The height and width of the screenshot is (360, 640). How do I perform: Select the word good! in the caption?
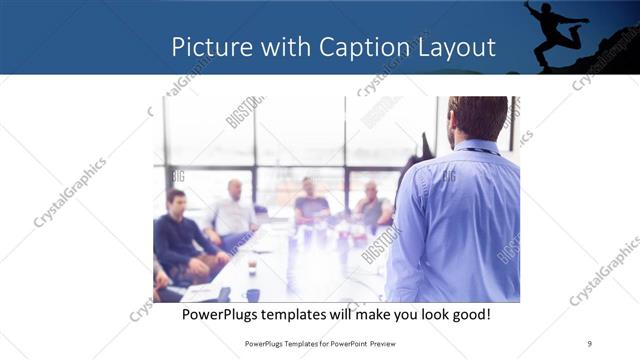click(x=469, y=315)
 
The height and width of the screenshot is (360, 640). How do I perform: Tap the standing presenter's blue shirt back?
click(x=463, y=220)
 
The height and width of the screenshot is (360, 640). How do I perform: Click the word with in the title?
click(x=282, y=47)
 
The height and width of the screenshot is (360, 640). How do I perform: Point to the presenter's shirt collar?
click(x=478, y=148)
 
